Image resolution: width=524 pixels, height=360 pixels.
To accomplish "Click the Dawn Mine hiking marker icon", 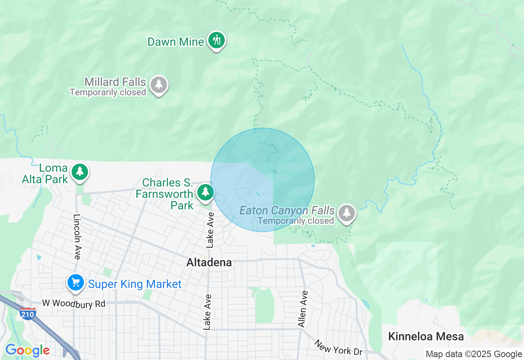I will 217,40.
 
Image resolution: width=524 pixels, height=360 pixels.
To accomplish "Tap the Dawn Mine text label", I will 175,42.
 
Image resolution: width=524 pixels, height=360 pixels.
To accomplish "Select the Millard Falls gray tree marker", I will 159,85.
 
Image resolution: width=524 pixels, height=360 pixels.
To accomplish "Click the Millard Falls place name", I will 115,82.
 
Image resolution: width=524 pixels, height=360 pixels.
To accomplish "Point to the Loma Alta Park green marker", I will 80,172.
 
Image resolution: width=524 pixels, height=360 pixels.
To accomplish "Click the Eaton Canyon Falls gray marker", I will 347,212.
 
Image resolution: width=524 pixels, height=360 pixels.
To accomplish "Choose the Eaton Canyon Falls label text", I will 287,211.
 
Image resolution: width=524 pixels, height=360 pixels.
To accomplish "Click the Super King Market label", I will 135,284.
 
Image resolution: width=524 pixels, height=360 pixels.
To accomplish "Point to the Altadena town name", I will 209,263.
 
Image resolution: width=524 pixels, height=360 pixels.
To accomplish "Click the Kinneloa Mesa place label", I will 426,337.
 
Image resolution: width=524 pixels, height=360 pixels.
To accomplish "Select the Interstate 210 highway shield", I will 27,313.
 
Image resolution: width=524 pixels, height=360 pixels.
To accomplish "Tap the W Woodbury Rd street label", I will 74,304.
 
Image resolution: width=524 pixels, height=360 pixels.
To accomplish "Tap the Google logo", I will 27,350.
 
